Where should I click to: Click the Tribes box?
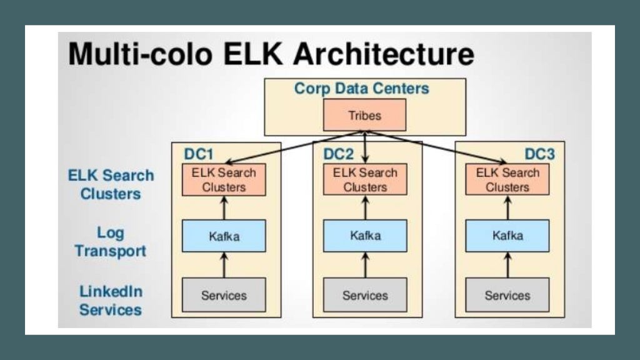(364, 116)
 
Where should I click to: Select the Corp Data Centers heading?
(362, 89)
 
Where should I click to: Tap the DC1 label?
(198, 154)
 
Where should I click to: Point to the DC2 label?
(339, 154)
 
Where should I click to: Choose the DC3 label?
(539, 154)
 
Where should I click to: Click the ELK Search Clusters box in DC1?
(224, 179)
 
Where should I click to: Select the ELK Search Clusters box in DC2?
(365, 179)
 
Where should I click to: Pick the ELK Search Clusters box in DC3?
(507, 179)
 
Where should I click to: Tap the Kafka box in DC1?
(224, 236)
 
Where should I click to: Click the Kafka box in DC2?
(365, 236)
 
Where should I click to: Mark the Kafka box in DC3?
(507, 236)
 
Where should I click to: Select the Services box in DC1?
(224, 295)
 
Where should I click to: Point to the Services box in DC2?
(365, 295)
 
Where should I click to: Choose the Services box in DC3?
(507, 295)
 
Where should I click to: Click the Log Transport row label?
(111, 242)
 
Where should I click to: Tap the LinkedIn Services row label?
(111, 300)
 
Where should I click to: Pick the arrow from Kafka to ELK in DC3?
(507, 207)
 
